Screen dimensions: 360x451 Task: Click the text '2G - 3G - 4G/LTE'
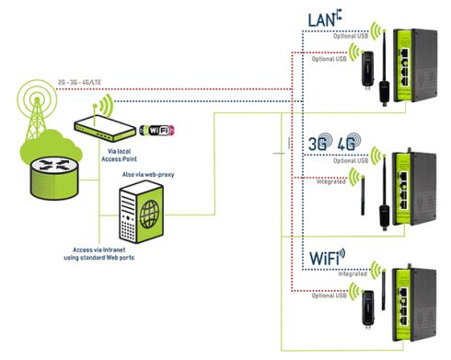(x=81, y=80)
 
